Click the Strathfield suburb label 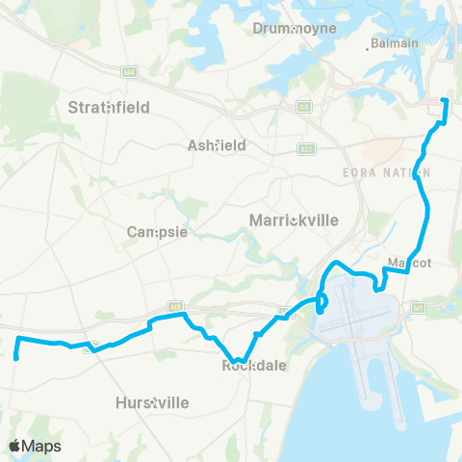pyautogui.click(x=109, y=108)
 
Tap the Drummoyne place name pyautogui.click(x=295, y=28)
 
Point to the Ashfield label pyautogui.click(x=217, y=145)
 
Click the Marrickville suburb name pyautogui.click(x=294, y=220)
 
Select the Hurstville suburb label pyautogui.click(x=152, y=401)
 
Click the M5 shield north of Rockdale pyautogui.click(x=174, y=307)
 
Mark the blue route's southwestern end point pyautogui.click(x=16, y=357)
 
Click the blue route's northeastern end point pyautogui.click(x=444, y=100)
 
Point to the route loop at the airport pyautogui.click(x=321, y=302)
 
